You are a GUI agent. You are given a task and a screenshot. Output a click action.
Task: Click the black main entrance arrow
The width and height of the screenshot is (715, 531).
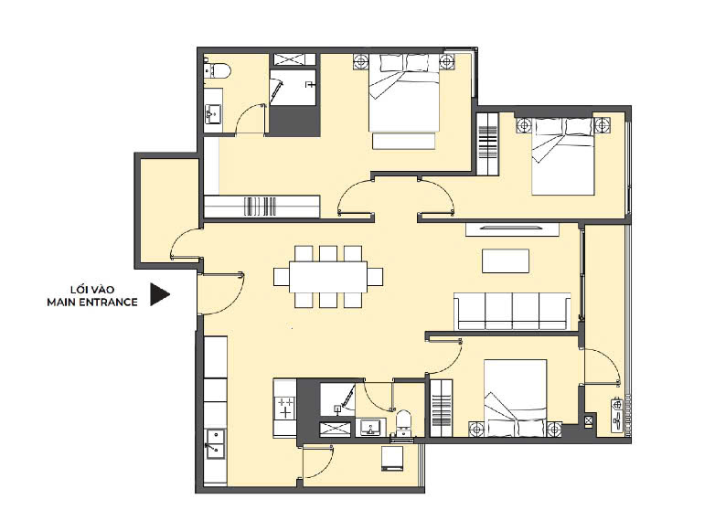click(158, 294)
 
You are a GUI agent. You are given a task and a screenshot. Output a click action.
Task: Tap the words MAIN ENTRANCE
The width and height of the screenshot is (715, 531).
click(92, 303)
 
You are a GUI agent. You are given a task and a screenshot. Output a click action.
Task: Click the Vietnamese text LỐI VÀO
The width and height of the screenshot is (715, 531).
click(92, 290)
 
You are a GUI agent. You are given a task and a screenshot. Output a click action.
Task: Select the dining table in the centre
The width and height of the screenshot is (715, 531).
click(328, 277)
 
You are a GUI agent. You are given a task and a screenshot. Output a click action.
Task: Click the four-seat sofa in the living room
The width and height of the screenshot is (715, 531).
click(512, 311)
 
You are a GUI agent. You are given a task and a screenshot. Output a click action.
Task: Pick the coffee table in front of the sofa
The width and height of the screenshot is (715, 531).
click(506, 260)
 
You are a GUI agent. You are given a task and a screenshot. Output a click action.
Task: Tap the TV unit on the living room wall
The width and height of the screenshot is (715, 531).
click(512, 228)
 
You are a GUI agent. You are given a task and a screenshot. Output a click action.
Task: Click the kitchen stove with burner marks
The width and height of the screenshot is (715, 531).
click(285, 408)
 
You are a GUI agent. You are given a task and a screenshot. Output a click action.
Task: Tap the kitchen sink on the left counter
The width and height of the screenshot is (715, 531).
click(215, 443)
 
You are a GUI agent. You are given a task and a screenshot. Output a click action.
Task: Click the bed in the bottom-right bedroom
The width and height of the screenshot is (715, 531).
click(516, 398)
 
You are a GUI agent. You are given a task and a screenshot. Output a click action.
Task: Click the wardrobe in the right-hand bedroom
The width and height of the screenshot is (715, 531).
click(487, 143)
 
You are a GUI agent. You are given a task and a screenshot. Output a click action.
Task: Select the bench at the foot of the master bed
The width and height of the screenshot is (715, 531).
click(403, 141)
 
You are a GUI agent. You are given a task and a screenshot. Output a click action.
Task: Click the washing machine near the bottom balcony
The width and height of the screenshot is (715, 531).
click(392, 458)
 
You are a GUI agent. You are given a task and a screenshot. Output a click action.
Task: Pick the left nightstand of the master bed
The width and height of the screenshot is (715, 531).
click(360, 61)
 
